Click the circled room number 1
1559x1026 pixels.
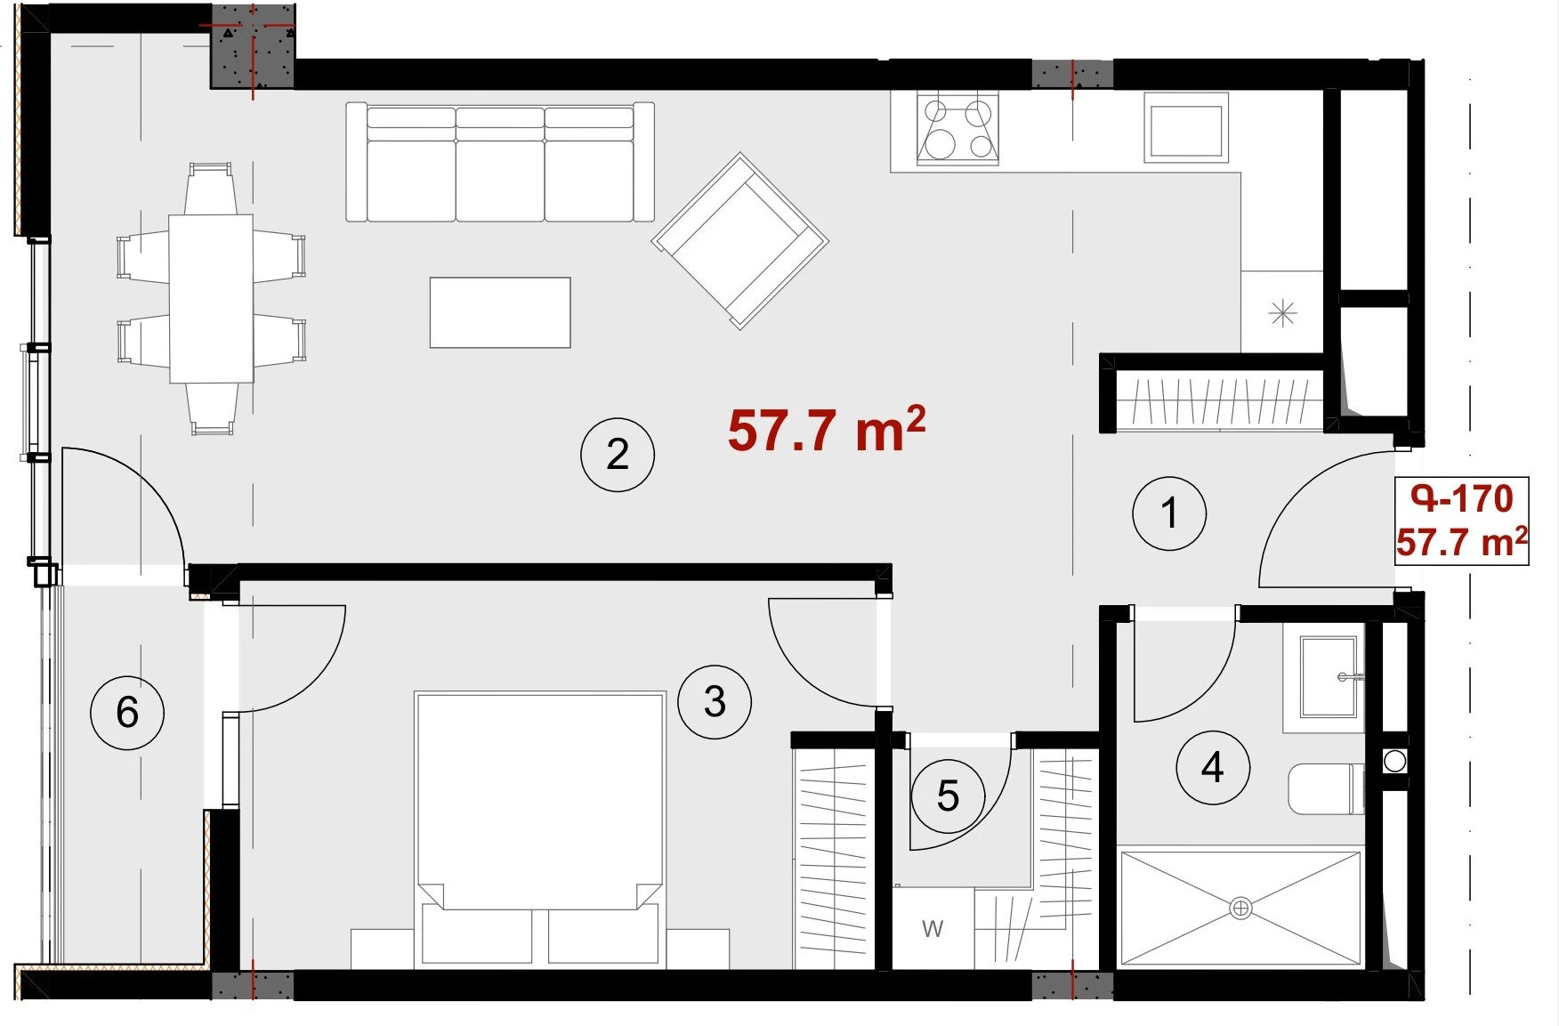coord(1169,513)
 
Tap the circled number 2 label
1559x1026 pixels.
coord(618,455)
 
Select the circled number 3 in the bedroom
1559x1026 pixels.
coord(715,702)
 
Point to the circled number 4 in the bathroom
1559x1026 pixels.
coord(1213,767)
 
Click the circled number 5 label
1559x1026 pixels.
coord(948,796)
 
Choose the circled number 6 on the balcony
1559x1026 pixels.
coord(127,712)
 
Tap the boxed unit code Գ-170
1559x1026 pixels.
coord(1461,498)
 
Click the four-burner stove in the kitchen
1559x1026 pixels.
coord(957,130)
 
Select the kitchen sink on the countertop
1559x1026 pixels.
coord(1186,128)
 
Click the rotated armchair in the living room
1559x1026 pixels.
coord(740,241)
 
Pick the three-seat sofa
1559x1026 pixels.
coord(500,162)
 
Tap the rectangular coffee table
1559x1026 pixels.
coord(500,312)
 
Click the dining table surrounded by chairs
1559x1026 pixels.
coord(211,298)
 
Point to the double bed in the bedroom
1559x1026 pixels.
coord(540,828)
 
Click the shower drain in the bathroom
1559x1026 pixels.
coord(1240,909)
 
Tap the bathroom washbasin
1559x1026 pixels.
coord(1329,676)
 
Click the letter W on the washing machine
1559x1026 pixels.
coord(933,929)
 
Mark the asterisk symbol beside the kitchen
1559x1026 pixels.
coord(1282,313)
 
